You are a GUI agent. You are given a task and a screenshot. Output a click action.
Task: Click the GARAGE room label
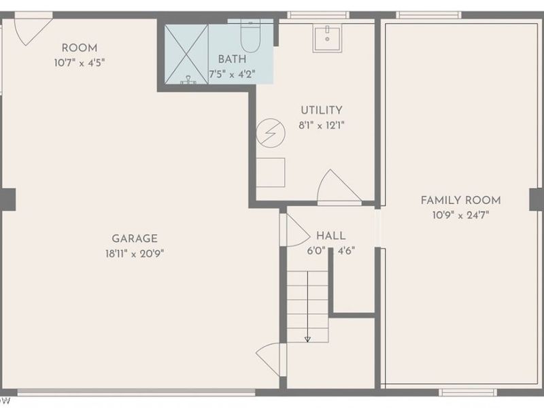[135, 239]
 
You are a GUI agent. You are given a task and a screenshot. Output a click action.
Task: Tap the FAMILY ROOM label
[461, 200]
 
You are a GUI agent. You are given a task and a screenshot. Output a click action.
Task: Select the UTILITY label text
[322, 110]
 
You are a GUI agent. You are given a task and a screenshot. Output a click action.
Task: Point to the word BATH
[232, 59]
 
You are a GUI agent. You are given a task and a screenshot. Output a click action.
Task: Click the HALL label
[331, 236]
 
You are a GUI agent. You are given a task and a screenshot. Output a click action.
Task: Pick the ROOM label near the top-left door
[80, 48]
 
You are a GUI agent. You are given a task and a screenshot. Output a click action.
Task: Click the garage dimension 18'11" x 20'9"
[135, 254]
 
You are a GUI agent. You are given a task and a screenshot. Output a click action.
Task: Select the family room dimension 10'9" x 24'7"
[461, 215]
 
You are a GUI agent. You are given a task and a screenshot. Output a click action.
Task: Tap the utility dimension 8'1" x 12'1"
[322, 125]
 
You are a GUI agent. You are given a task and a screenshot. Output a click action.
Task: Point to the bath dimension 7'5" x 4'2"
[232, 74]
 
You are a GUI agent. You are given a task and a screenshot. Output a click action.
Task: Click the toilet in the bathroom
[250, 36]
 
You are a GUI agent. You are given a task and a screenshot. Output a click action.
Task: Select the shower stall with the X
[186, 54]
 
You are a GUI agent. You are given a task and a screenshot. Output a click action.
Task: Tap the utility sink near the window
[327, 38]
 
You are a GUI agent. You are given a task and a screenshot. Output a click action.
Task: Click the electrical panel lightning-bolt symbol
[271, 133]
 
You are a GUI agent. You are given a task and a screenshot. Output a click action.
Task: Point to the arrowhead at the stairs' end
[307, 339]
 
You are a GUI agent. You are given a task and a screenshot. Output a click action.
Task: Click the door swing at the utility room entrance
[338, 186]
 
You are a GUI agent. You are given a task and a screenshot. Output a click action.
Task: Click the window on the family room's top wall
[429, 15]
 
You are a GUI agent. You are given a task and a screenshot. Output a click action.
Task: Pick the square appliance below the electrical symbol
[271, 173]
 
